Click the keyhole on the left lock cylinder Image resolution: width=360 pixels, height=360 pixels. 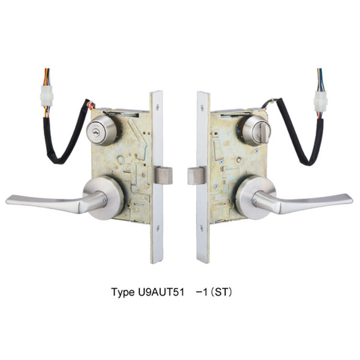tap(95, 132)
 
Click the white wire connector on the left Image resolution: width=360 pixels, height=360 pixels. tap(47, 96)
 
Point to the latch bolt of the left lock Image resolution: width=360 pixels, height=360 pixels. tap(163, 175)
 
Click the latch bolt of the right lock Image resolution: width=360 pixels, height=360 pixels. tap(196, 176)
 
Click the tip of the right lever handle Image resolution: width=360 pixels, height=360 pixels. tap(352, 200)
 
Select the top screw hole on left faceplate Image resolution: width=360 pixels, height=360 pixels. tap(157, 107)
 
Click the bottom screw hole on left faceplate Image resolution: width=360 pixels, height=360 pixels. tap(158, 228)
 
